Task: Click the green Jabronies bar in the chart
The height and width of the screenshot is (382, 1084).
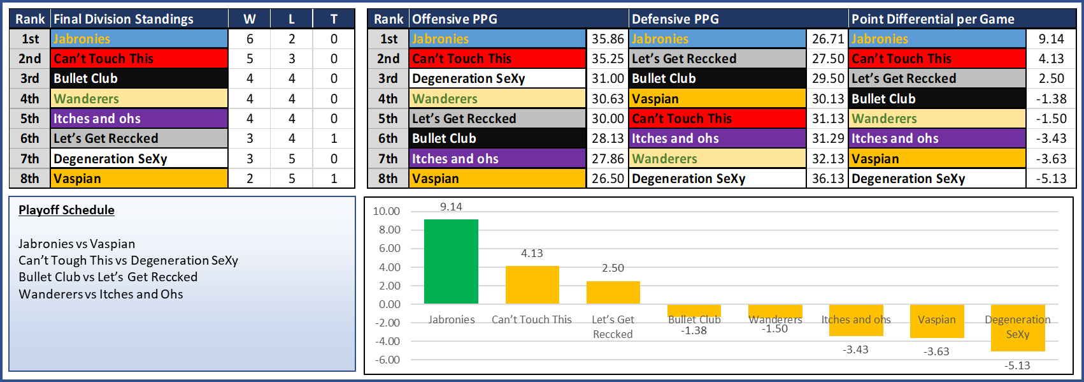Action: pos(451,261)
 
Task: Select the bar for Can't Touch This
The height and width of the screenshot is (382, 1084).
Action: pos(532,284)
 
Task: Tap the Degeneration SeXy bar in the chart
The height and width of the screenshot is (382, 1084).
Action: pos(1017,328)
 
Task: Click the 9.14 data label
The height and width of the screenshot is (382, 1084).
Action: pos(451,207)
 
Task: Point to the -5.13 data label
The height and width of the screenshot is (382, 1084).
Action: pos(1017,365)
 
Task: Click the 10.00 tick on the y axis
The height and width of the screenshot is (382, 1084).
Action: pos(387,211)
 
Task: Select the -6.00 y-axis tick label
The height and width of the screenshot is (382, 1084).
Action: pos(387,360)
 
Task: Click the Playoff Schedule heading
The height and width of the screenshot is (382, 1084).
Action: pos(66,210)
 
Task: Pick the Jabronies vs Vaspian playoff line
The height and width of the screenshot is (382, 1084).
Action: pos(76,244)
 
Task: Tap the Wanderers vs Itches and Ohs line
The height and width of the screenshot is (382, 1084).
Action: pos(101,294)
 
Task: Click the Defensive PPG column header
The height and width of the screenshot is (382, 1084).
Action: pos(675,19)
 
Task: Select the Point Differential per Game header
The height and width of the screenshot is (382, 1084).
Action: pos(932,19)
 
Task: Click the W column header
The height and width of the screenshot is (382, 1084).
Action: pos(249,19)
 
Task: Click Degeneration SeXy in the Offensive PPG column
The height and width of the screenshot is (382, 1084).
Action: pos(468,78)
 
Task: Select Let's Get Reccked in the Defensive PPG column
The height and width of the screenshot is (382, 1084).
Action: pos(683,59)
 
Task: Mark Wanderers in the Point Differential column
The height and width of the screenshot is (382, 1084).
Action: pos(884,119)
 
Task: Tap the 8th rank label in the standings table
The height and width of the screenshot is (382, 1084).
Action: pos(30,179)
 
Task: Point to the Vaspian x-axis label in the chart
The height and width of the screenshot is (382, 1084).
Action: pos(936,320)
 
